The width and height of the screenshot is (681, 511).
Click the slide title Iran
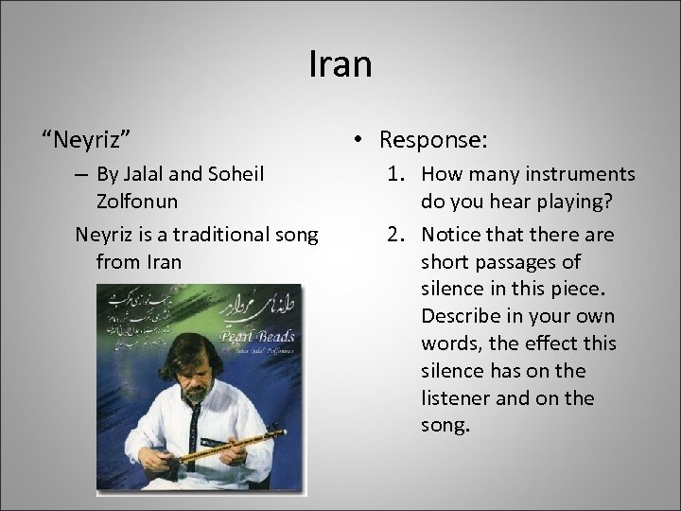click(340, 65)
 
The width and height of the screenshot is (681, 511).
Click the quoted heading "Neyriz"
click(85, 140)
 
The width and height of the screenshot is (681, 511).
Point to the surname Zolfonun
click(140, 202)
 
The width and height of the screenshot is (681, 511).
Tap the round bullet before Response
click(360, 140)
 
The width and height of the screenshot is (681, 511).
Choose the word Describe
click(463, 315)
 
